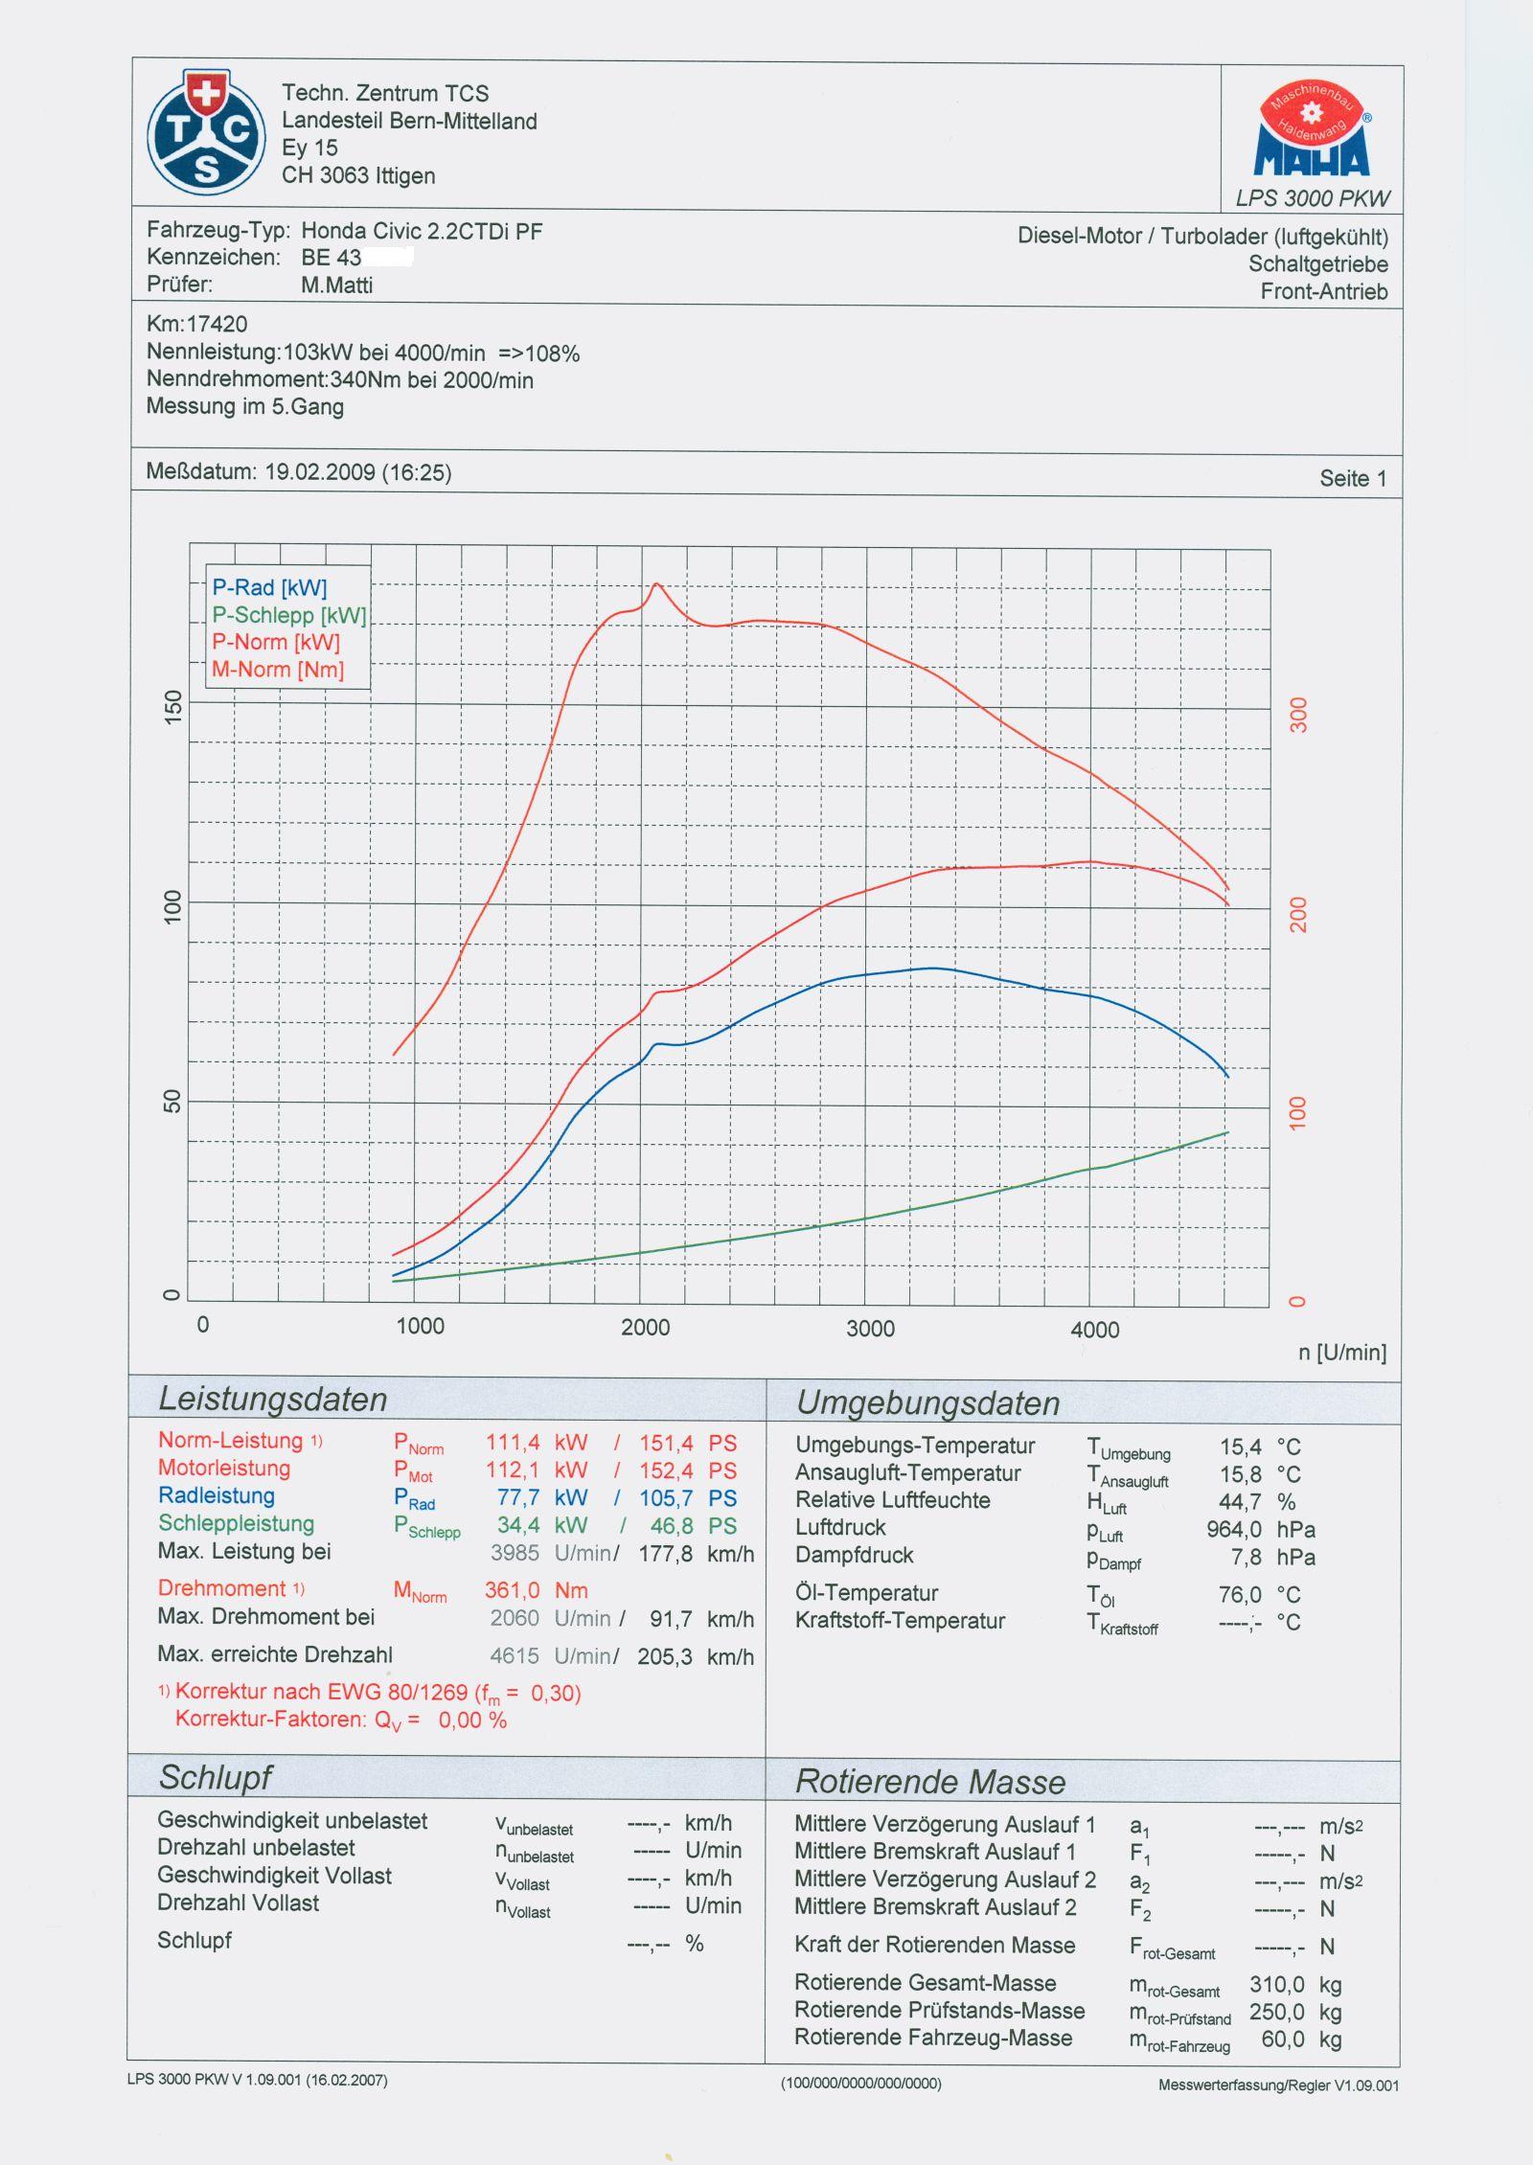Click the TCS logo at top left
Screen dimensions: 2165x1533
(x=206, y=132)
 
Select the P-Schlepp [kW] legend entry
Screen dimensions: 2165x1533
(x=288, y=615)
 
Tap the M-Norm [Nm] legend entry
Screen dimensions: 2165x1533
(x=277, y=670)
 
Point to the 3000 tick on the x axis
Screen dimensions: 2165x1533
(x=870, y=1329)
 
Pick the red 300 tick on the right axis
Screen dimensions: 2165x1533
(x=1298, y=715)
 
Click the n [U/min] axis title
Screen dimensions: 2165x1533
(x=1341, y=1353)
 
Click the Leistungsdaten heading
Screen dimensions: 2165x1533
(x=272, y=1400)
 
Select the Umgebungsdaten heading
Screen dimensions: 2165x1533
(x=927, y=1403)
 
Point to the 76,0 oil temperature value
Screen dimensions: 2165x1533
(x=1240, y=1595)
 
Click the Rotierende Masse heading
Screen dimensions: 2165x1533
(x=929, y=1782)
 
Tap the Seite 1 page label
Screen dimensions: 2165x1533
(x=1352, y=478)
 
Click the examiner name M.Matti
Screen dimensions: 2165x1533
(x=336, y=285)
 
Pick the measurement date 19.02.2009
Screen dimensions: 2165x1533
(x=319, y=472)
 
